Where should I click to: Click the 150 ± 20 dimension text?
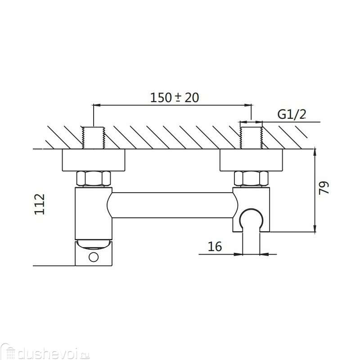coord(175,97)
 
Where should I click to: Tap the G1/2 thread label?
coord(292,114)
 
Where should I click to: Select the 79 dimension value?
coord(324,188)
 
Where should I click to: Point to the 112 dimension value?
coord(40,204)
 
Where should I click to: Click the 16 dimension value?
coord(215,247)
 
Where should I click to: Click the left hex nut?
coord(93,178)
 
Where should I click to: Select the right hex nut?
coord(252,178)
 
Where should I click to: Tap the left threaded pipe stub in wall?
coord(93,138)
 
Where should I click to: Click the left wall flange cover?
coord(94,160)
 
